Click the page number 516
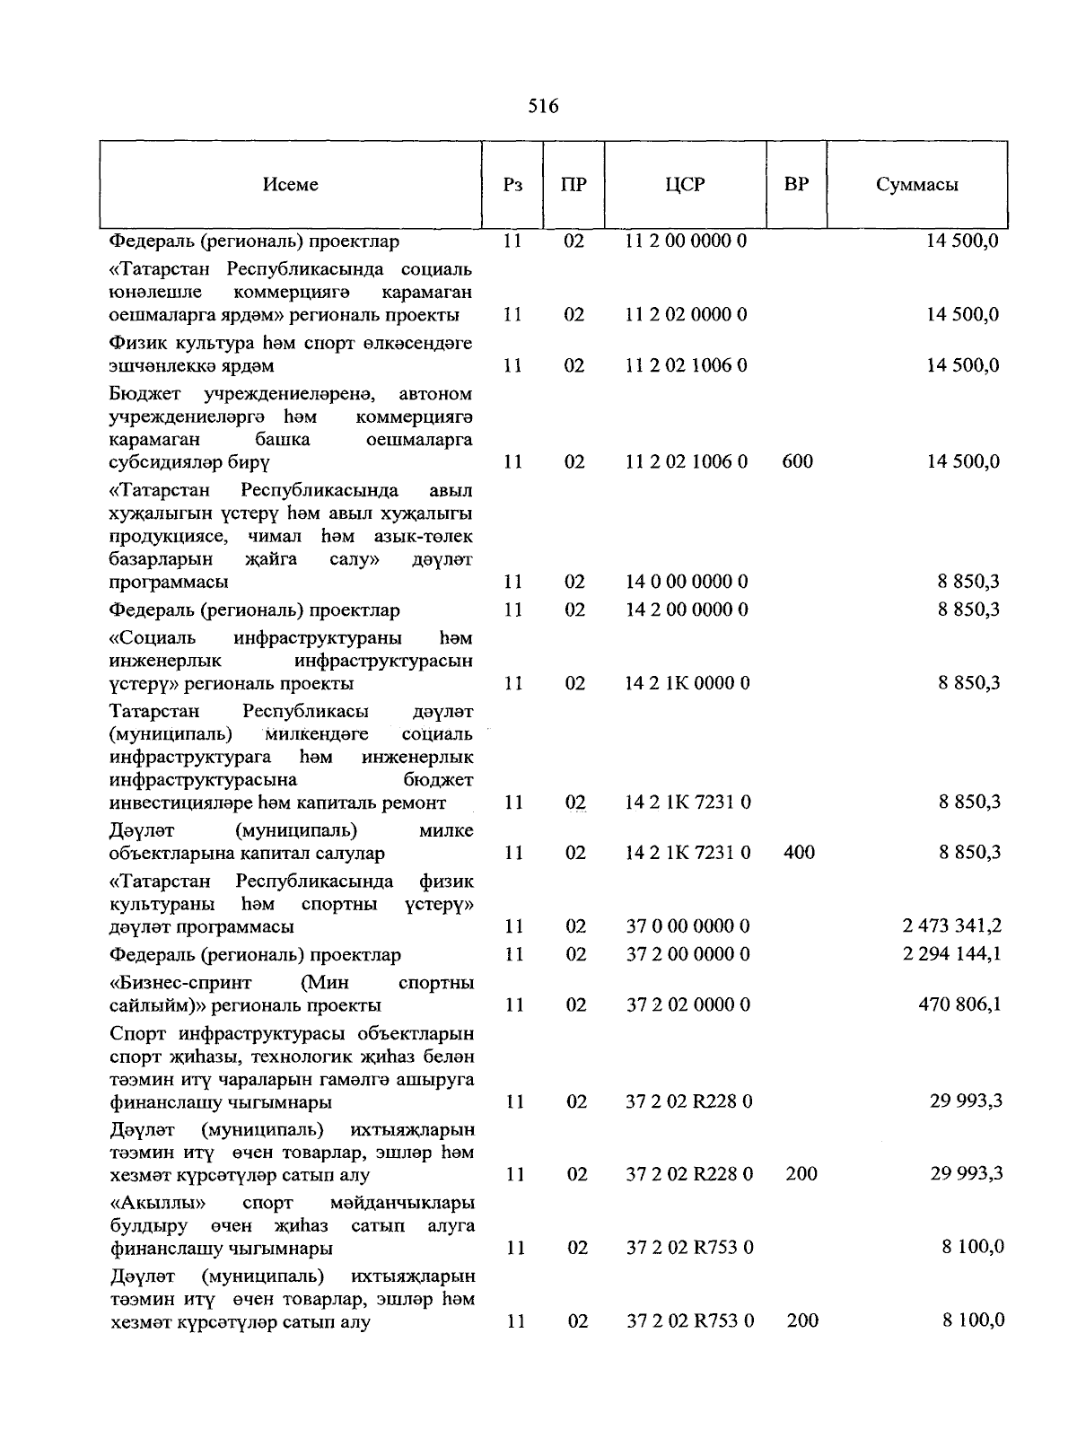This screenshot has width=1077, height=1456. click(543, 107)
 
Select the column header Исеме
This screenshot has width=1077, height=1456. click(291, 184)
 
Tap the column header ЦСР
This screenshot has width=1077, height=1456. click(685, 184)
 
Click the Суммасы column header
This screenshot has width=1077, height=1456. click(916, 185)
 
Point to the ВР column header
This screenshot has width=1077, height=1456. click(796, 184)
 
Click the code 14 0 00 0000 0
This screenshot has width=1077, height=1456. click(687, 582)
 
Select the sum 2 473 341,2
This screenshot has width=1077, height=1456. click(951, 925)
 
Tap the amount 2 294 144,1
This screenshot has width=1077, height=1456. click(951, 954)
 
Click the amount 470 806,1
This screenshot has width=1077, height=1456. click(959, 1004)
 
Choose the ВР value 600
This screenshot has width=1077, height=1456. click(798, 461)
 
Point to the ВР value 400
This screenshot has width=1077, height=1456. click(799, 852)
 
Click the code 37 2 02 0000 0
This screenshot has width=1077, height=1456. click(687, 1004)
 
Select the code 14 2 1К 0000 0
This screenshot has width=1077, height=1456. click(687, 683)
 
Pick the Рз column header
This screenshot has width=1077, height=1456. click(512, 185)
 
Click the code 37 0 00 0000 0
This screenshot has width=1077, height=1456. click(687, 925)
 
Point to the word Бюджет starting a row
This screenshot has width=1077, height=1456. click(144, 394)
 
